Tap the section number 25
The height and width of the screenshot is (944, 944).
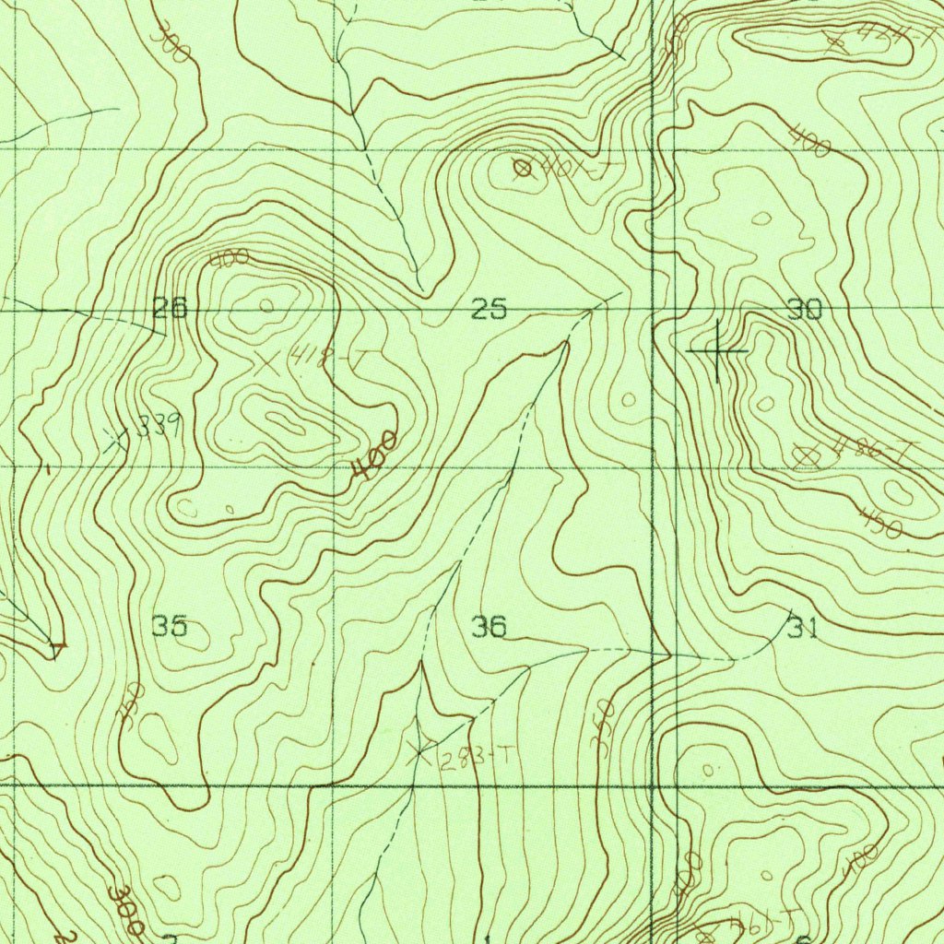[x=489, y=310]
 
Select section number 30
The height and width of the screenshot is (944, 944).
[x=804, y=310]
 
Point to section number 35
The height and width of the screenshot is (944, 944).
[x=170, y=627]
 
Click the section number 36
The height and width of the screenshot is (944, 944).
[x=489, y=628]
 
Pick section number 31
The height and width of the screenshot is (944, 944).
[x=803, y=629]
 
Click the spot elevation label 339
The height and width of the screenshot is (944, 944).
[x=159, y=425]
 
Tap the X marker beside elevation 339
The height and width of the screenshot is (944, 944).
[x=116, y=441]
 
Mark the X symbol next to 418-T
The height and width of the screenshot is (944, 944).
[x=267, y=361]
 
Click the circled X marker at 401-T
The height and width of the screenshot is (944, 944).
[x=523, y=168]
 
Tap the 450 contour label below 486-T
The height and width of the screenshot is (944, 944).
[x=881, y=521]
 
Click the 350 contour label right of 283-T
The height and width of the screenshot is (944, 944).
[x=604, y=728]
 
